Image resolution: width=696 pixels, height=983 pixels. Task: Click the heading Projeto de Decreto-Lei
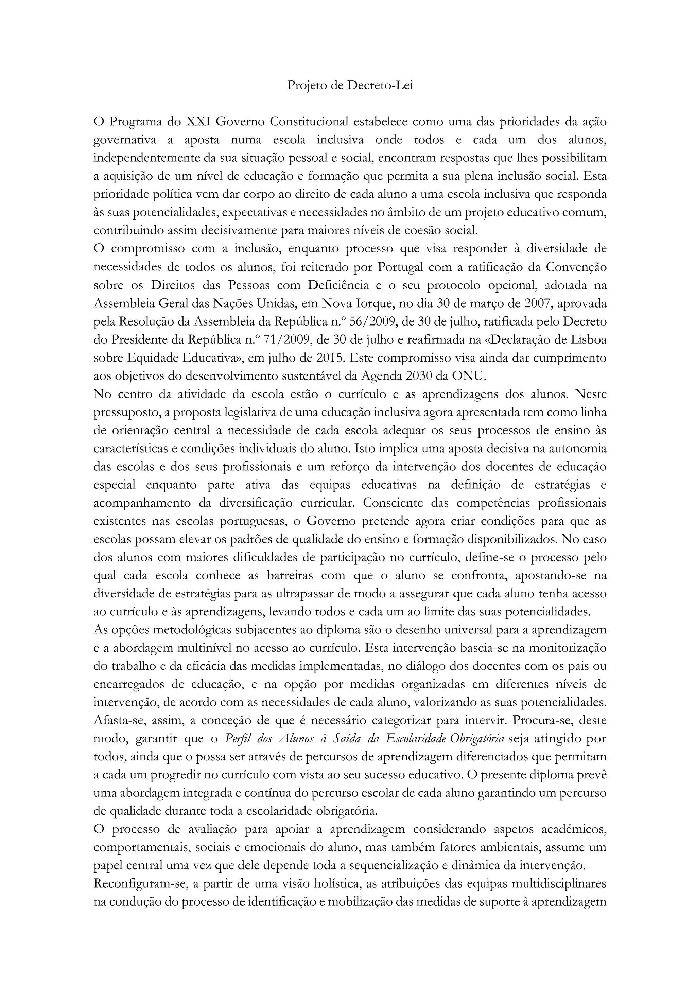pos(350,86)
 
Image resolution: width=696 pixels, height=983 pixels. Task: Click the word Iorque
pos(375,304)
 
